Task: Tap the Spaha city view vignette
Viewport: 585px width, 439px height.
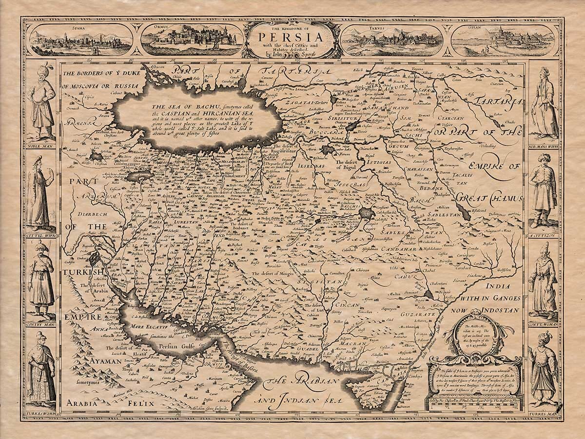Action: [x=80, y=40]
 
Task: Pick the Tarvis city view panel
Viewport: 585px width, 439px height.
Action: [x=392, y=40]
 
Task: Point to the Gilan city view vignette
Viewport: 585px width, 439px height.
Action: [x=503, y=40]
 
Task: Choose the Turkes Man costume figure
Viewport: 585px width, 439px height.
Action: [x=544, y=371]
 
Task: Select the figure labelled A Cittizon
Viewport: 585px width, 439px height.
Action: [x=544, y=195]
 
